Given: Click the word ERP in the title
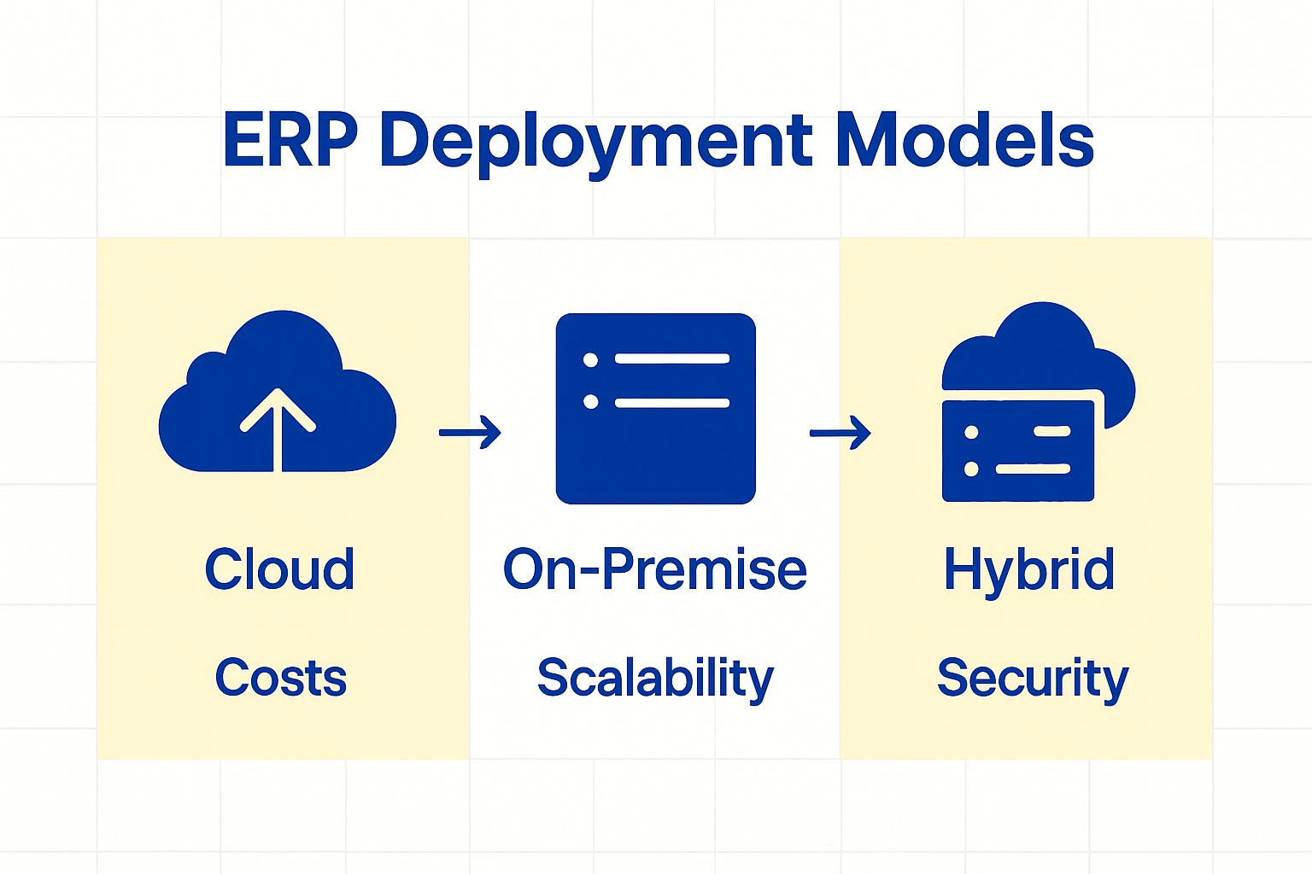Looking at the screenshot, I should [x=290, y=141].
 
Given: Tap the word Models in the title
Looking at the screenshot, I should [x=964, y=141].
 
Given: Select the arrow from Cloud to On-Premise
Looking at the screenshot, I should [x=470, y=432].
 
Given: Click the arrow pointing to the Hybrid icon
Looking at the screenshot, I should [x=840, y=433].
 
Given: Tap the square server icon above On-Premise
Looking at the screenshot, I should [x=655, y=408].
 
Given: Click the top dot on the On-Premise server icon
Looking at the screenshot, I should [x=590, y=359].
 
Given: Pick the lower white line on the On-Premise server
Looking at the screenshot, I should [x=672, y=402].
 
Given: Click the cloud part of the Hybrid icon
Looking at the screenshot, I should [x=1038, y=350].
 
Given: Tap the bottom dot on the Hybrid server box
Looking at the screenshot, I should [x=971, y=469].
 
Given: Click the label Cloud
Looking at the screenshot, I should [x=279, y=569].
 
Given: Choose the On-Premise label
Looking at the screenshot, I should [x=654, y=569].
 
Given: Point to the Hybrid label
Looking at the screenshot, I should [x=1028, y=571].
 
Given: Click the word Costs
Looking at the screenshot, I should [x=280, y=678].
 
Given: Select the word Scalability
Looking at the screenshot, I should [x=655, y=679].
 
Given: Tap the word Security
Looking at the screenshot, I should [x=1032, y=679].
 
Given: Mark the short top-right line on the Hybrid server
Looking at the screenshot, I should [x=1051, y=432].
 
